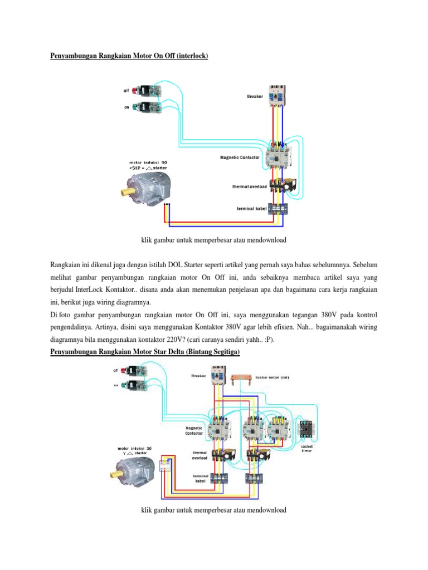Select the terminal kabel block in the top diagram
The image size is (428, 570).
tap(278, 209)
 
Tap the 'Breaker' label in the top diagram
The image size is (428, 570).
tap(255, 97)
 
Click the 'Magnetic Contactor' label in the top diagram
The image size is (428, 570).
tap(240, 158)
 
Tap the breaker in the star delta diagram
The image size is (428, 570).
tap(218, 376)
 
